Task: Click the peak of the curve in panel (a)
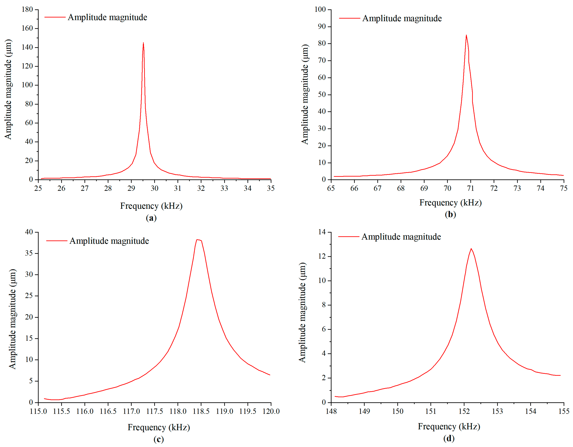143,43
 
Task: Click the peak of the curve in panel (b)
466,35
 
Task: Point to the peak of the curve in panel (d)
471,249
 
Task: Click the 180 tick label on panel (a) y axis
27,9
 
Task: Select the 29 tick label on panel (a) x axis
131,188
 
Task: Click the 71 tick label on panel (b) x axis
471,188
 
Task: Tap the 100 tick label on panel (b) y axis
320,9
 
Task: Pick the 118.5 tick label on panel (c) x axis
201,411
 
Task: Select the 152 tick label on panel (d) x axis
464,411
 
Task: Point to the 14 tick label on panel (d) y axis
322,232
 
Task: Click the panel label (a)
151,218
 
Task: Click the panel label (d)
449,438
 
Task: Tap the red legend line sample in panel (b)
349,18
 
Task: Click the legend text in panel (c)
109,241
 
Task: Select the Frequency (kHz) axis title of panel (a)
151,206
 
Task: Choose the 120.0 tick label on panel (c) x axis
271,411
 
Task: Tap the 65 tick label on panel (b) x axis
331,188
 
